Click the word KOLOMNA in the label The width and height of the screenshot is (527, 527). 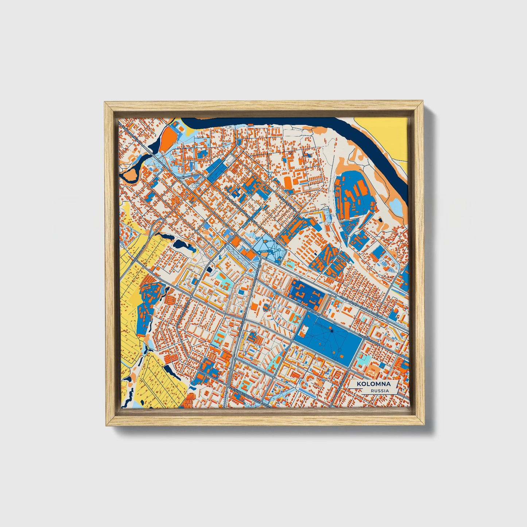pos(373,384)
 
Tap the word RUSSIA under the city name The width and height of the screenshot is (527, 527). pos(380,391)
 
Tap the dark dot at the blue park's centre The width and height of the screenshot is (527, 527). pos(332,330)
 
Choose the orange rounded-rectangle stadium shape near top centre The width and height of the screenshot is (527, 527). pos(288,183)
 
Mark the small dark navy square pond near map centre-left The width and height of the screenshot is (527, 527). pos(209,269)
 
